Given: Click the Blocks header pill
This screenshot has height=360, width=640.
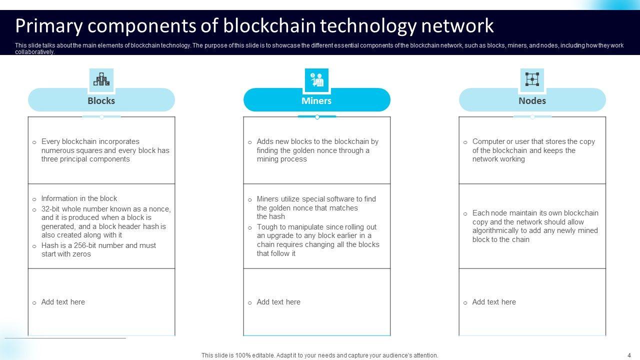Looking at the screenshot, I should (x=101, y=100).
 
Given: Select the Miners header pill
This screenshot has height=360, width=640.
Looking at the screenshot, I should (x=316, y=100).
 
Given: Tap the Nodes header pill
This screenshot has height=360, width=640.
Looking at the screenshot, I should (x=532, y=100).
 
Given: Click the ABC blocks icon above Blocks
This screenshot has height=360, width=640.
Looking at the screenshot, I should (x=101, y=79).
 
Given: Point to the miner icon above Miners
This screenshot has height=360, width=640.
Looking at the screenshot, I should (x=316, y=79).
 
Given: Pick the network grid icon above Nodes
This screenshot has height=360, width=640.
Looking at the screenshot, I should (x=532, y=79).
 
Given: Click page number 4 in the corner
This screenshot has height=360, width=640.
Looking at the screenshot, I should (x=629, y=355).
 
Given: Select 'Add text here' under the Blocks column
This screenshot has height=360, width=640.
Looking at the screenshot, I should (x=63, y=302).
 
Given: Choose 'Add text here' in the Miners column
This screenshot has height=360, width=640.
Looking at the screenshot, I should (x=278, y=302).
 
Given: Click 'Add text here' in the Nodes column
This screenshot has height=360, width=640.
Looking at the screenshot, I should (x=494, y=302).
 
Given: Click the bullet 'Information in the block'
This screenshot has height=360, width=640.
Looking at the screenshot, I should (x=79, y=198).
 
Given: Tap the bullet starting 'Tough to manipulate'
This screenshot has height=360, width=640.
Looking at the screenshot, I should (x=317, y=240).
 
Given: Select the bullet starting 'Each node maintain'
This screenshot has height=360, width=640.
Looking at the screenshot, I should (x=534, y=226).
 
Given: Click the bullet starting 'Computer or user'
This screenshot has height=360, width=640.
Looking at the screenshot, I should (x=533, y=150).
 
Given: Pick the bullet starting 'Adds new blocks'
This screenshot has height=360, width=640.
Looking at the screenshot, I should (x=317, y=150).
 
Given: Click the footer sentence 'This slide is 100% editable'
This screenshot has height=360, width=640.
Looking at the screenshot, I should (x=319, y=355).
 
